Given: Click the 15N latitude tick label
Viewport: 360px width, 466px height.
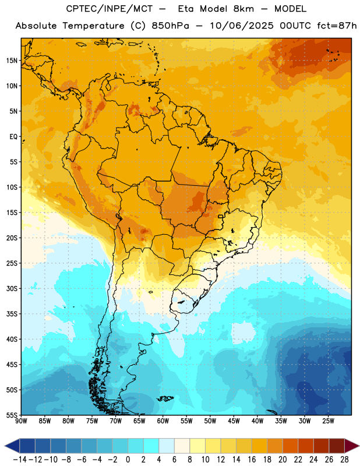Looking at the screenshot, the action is [x=12, y=61].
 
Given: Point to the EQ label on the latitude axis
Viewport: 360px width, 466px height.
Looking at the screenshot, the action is [x=13, y=137].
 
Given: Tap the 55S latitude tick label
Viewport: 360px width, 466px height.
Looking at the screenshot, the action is [x=12, y=415].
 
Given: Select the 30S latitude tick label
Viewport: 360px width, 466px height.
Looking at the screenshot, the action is [x=12, y=288].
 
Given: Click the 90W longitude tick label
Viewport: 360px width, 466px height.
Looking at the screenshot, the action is [x=22, y=421].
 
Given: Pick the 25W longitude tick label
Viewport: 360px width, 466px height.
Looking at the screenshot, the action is [x=328, y=421].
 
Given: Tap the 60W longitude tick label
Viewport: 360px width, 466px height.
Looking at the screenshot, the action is [x=163, y=421].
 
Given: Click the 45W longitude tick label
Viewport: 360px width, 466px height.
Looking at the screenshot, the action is [x=234, y=421].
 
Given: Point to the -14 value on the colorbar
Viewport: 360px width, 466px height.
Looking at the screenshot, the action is [x=20, y=460].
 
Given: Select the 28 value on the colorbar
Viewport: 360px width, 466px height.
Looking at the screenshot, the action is [x=344, y=460].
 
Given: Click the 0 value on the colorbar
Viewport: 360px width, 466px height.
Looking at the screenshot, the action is [x=128, y=460].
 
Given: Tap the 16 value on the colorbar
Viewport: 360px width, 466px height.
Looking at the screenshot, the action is [x=252, y=460].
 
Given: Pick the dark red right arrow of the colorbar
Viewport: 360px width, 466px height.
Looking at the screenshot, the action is [x=352, y=446].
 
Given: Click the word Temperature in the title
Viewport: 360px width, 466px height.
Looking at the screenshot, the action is [x=93, y=26].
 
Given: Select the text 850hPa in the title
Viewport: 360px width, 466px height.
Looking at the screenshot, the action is [x=170, y=26].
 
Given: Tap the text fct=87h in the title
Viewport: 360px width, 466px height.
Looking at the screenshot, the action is [x=337, y=26].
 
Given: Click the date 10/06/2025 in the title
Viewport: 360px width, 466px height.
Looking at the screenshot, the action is [x=242, y=26].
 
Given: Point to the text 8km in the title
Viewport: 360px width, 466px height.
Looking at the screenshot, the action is [x=243, y=9].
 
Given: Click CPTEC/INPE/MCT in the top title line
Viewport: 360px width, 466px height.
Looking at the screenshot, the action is [x=110, y=9].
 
